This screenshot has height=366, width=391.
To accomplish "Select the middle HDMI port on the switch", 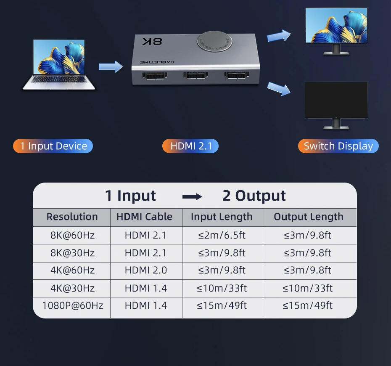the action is (195, 76).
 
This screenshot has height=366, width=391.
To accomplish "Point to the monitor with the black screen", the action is (336, 101).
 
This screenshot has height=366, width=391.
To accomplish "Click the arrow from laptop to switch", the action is (110, 66).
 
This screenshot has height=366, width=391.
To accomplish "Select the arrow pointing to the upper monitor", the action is (279, 35).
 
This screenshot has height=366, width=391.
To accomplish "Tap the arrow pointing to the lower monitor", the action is (279, 88).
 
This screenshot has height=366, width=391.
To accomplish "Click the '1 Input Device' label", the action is (53, 146).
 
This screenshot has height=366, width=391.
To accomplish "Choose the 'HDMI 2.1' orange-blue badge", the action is (190, 146).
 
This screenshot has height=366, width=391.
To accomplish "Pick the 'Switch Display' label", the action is (338, 146).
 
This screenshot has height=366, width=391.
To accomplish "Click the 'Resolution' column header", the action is (72, 217).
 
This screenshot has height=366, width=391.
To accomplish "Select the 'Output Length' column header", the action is (309, 217).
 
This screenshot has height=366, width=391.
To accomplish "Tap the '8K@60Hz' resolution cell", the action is (72, 235).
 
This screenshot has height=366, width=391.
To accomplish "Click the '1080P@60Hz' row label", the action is (72, 305).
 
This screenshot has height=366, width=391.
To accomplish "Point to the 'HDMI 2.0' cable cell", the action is (146, 270).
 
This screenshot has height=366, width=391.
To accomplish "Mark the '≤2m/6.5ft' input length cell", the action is (222, 235).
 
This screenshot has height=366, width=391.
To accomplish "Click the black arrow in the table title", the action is (192, 196).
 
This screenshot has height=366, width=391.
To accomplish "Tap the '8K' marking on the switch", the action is (152, 42).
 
